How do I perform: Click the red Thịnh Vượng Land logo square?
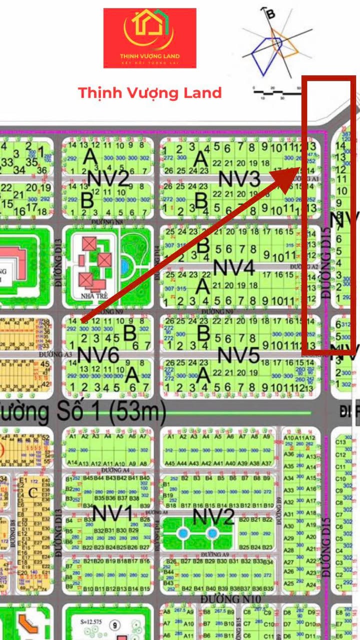click(x=149, y=38)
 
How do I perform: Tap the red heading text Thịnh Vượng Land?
click(x=149, y=92)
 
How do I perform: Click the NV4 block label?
click(x=234, y=268)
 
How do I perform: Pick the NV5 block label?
click(x=239, y=355)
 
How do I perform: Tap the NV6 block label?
click(x=98, y=355)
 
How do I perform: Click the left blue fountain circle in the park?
click(x=183, y=533)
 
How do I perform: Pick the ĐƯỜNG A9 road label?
click(x=215, y=555)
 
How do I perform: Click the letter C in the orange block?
click(x=33, y=494)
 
